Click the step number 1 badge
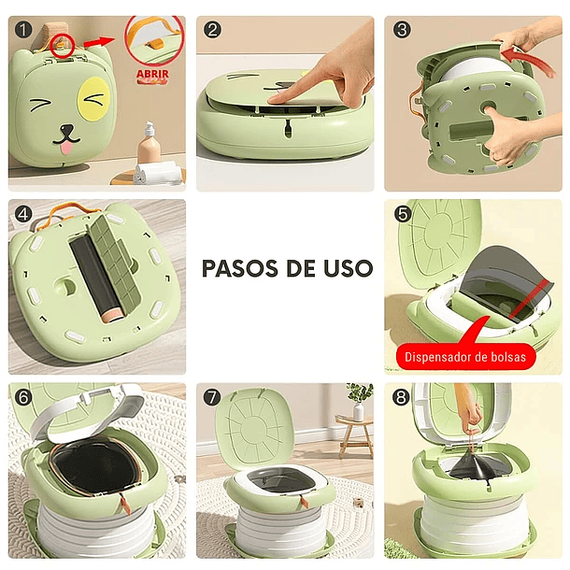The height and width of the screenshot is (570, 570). pyautogui.click(x=23, y=30)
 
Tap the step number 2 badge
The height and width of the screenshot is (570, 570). pyautogui.click(x=213, y=30)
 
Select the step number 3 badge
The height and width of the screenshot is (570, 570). pyautogui.click(x=402, y=30)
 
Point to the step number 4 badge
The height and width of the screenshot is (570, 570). pyautogui.click(x=23, y=214)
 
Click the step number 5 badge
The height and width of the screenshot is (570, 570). pyautogui.click(x=403, y=214)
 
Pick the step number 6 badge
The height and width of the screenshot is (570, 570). pyautogui.click(x=23, y=397)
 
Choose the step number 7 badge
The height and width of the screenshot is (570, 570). pyautogui.click(x=212, y=397)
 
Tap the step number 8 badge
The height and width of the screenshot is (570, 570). pyautogui.click(x=401, y=397)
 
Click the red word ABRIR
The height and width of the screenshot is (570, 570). pyautogui.click(x=152, y=74)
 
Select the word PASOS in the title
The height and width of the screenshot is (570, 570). pyautogui.click(x=239, y=268)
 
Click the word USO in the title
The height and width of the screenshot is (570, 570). pyautogui.click(x=348, y=268)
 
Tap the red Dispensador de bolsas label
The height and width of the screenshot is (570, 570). pyautogui.click(x=465, y=357)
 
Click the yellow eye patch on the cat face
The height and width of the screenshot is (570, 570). pyautogui.click(x=94, y=98)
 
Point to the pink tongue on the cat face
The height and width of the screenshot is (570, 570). pyautogui.click(x=66, y=149)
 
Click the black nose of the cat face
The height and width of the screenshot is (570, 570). pyautogui.click(x=66, y=130)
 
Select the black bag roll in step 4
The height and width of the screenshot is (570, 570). pyautogui.click(x=94, y=277)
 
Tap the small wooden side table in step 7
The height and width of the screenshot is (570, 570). pyautogui.click(x=355, y=436)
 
